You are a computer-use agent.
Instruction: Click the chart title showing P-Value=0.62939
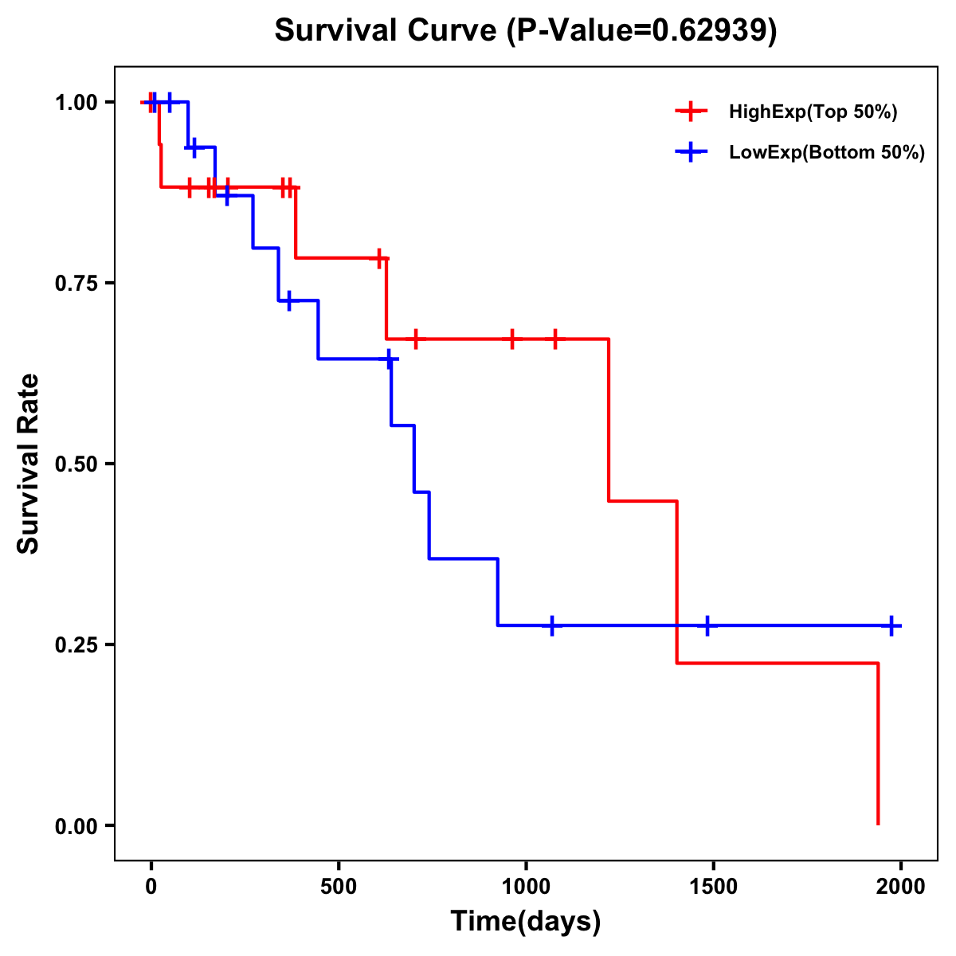(526, 31)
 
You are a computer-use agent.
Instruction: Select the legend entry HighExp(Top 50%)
(813, 112)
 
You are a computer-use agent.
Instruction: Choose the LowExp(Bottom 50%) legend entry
(826, 153)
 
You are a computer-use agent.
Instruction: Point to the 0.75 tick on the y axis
(75, 283)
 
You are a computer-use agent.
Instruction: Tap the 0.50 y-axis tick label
(75, 464)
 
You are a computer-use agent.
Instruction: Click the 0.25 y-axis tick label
(75, 645)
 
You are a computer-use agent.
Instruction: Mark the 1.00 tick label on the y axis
(75, 102)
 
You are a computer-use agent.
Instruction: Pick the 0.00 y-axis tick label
(75, 825)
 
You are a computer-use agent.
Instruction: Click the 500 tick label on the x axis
(339, 886)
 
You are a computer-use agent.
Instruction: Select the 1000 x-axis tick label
(526, 886)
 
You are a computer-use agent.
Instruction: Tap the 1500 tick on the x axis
(713, 886)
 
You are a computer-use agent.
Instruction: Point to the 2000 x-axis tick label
(900, 886)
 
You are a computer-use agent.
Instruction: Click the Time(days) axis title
(526, 922)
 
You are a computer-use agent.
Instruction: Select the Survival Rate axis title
(29, 464)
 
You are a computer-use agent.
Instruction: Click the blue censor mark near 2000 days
(891, 625)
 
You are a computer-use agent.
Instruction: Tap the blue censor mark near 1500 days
(706, 625)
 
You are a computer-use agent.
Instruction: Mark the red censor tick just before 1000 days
(511, 339)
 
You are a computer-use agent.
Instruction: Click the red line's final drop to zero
(878, 745)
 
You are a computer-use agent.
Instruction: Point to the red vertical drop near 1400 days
(677, 582)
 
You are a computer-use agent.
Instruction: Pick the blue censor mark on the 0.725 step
(288, 300)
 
